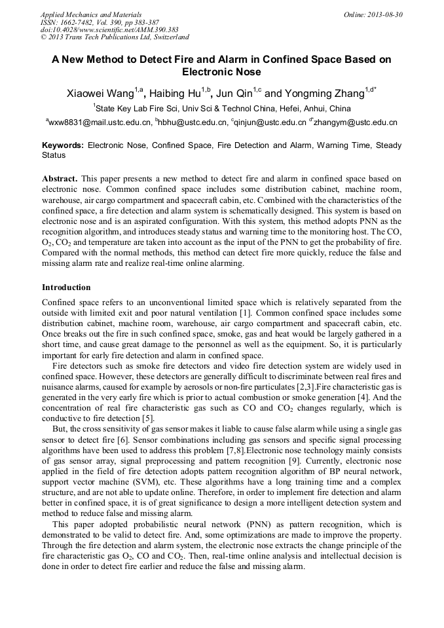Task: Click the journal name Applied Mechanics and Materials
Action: click(91, 14)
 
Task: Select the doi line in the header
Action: click(109, 29)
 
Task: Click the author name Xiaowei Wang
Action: click(100, 94)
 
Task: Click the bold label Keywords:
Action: click(63, 145)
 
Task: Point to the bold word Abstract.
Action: click(60, 178)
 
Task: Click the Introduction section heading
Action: click(66, 287)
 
